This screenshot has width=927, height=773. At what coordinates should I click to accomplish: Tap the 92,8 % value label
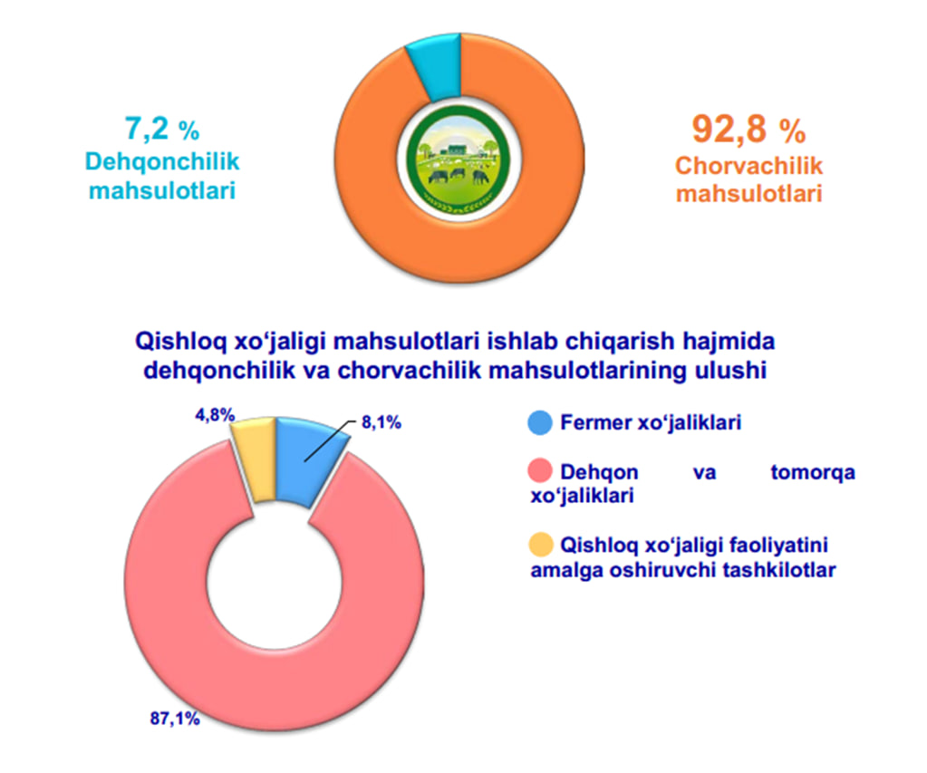[x=748, y=130]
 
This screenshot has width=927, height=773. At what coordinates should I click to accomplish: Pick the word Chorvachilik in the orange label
[x=749, y=167]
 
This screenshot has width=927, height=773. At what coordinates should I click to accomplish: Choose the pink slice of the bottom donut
[x=272, y=662]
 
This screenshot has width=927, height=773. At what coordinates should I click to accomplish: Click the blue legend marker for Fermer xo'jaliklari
[x=539, y=422]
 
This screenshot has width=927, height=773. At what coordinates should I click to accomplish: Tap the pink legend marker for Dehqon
[x=539, y=472]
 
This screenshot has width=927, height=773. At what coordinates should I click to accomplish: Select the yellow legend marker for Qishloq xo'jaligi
[x=539, y=545]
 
